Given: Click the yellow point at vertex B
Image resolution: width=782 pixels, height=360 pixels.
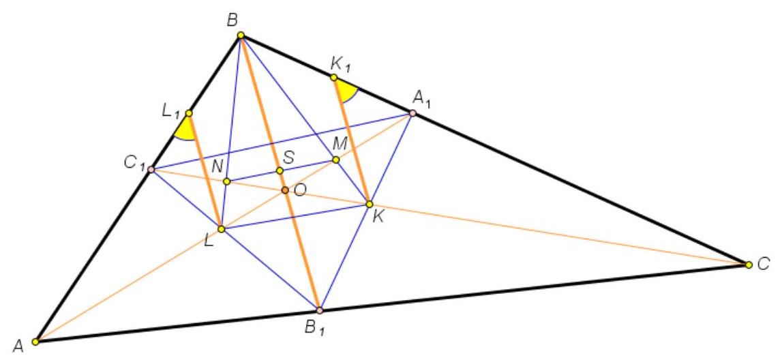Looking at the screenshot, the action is pos(241,35).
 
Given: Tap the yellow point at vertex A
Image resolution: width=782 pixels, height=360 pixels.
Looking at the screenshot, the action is pos(35,342).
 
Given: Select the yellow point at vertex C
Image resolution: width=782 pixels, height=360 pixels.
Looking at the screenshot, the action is pos(749,265).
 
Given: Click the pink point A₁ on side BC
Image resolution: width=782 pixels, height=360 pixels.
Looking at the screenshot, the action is pos(412,113).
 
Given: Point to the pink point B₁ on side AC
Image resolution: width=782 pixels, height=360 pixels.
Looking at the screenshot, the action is pos(320,310).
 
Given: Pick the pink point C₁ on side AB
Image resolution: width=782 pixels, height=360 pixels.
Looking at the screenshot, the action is pos(151,170).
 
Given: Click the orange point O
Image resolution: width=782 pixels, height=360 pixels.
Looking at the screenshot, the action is pos(285,190).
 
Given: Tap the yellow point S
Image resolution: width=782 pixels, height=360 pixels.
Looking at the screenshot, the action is pos(280,170).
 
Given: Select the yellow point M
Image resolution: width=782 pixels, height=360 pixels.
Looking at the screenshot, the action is pos(335,160).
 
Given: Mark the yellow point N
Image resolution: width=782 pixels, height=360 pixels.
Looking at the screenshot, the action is pos(226,181).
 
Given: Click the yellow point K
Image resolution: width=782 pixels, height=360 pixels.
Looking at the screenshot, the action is pos(369,204).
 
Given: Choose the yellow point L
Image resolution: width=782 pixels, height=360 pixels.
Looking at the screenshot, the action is pos(221,229).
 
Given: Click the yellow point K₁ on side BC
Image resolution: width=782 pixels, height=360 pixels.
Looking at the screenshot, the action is pos(333,77).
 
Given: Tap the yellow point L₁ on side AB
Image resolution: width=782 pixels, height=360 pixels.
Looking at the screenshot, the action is pos(189,113).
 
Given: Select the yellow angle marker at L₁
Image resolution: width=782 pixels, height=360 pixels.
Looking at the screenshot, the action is pos(185,130).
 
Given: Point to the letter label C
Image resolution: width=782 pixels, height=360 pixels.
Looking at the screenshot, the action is pos(764,265).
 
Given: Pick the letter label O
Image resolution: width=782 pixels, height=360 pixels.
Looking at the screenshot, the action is pos(300,190).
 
